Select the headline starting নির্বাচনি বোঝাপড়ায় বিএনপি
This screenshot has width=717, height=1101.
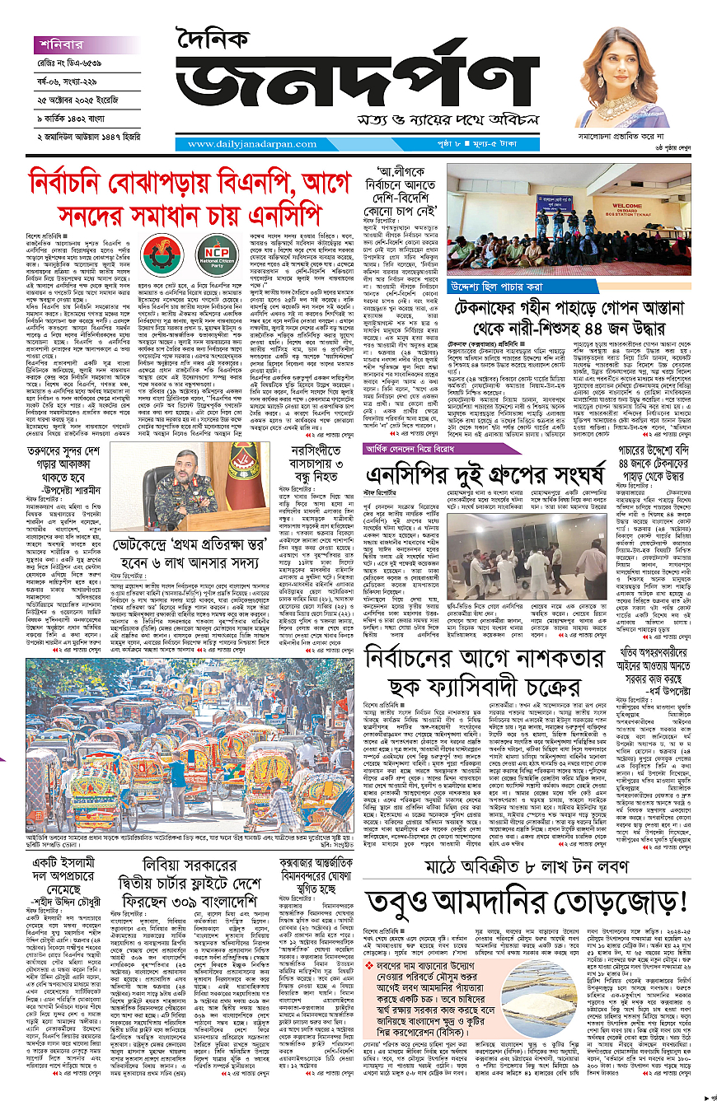(174, 195)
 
